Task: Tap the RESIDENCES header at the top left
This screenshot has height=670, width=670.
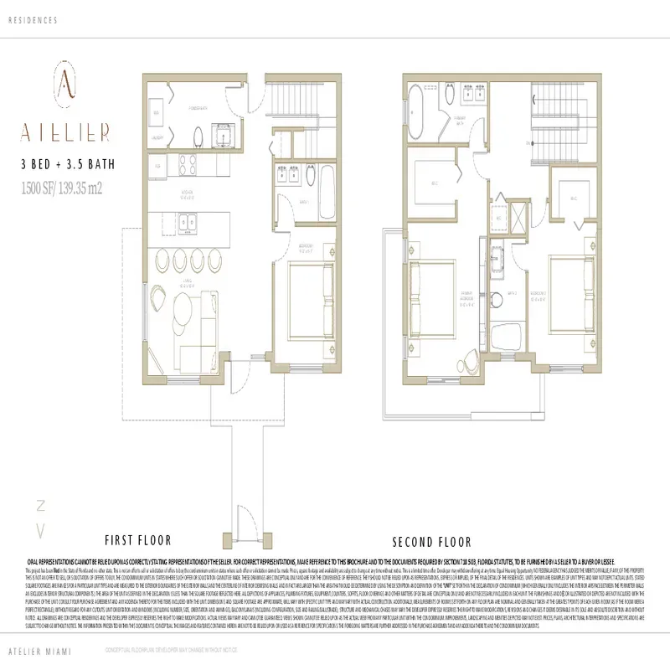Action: pos(33,18)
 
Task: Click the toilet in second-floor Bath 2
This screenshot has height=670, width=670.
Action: pos(502,335)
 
